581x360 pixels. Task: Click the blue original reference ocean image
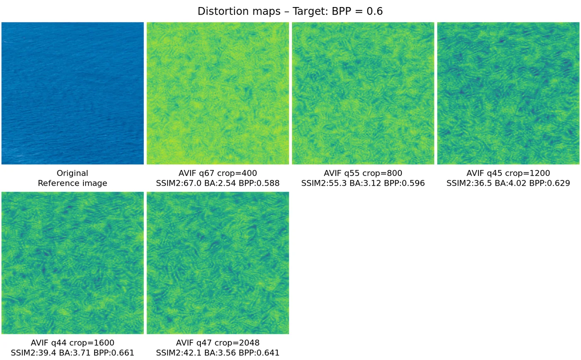73,93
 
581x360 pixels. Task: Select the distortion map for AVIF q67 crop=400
218,93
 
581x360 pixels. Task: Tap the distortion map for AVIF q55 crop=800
363,93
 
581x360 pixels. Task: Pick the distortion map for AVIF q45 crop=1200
508,93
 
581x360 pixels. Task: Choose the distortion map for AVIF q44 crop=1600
73,263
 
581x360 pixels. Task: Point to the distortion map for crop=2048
218,263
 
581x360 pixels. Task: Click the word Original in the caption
73,173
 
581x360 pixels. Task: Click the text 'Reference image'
73,183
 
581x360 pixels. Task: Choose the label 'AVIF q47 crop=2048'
218,343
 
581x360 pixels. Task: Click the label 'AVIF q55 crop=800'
363,173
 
